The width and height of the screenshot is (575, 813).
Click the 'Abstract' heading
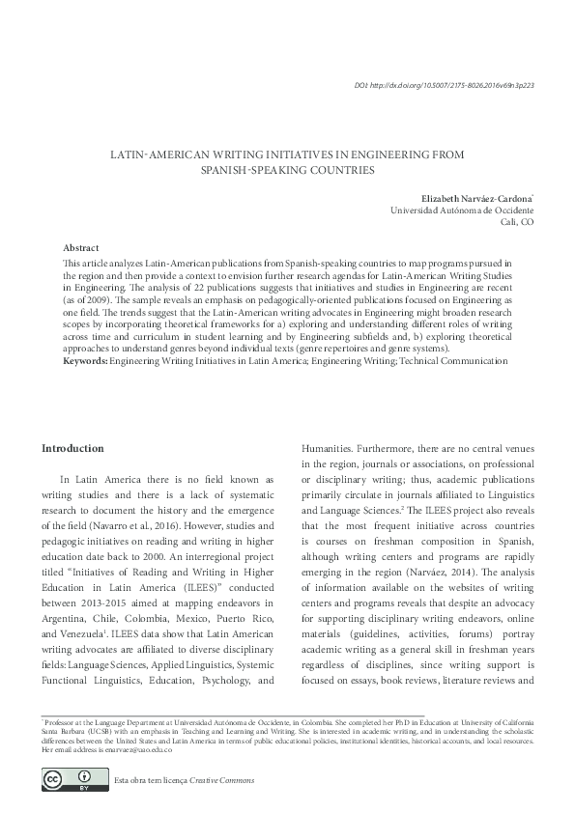pyautogui.click(x=80, y=248)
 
